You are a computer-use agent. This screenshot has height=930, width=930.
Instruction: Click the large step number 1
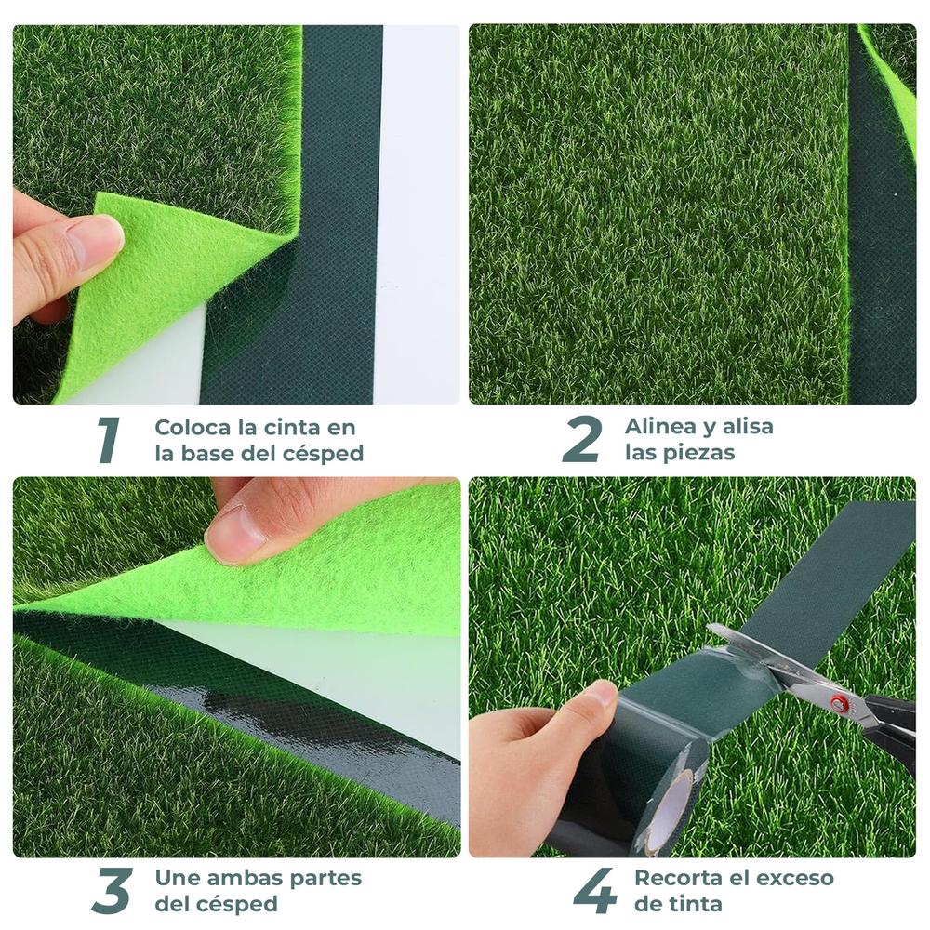109,440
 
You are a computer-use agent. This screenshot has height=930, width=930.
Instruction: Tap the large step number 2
581,440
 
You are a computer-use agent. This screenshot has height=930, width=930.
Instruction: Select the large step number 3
112,890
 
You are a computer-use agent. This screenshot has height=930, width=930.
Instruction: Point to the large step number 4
594,890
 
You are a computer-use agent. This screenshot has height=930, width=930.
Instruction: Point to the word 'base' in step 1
220,454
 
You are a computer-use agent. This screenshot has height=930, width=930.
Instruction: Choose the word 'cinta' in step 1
293,428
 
